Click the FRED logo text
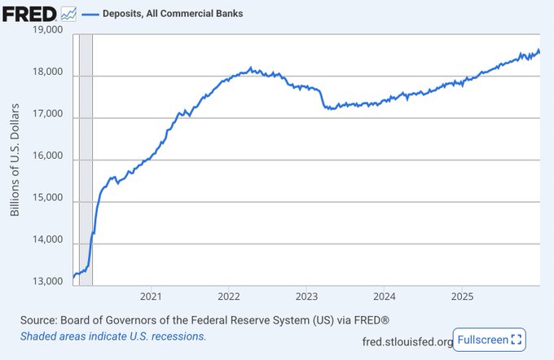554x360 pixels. [x=29, y=13]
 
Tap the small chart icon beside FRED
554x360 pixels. [x=70, y=14]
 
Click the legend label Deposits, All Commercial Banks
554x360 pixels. [x=172, y=14]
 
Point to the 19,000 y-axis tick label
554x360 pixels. [x=46, y=30]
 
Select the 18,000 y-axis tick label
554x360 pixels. [x=46, y=72]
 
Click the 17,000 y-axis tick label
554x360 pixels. [x=46, y=115]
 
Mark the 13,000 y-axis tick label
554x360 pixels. [x=46, y=282]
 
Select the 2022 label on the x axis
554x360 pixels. [x=228, y=296]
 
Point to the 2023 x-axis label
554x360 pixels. [x=306, y=296]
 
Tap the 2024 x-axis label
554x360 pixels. [x=385, y=296]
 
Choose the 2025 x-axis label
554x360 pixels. [x=463, y=296]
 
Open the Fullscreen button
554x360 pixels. [x=490, y=339]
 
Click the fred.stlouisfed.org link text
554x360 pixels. [x=407, y=340]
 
